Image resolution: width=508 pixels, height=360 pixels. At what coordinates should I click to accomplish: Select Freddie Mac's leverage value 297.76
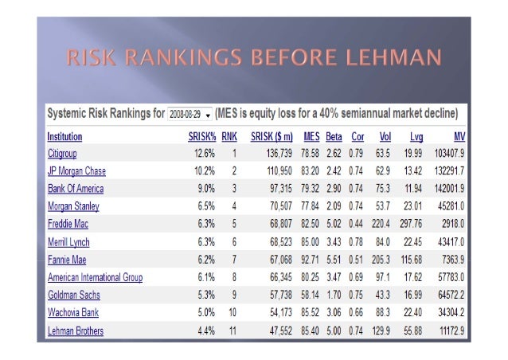(x=412, y=224)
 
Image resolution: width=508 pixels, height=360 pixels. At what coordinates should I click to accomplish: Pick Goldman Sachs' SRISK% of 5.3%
(x=205, y=295)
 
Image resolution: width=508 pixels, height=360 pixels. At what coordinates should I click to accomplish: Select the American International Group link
(x=95, y=277)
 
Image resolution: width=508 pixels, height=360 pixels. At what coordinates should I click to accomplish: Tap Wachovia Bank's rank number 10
(x=234, y=313)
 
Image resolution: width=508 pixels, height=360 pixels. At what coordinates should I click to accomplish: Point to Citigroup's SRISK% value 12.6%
(x=203, y=153)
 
